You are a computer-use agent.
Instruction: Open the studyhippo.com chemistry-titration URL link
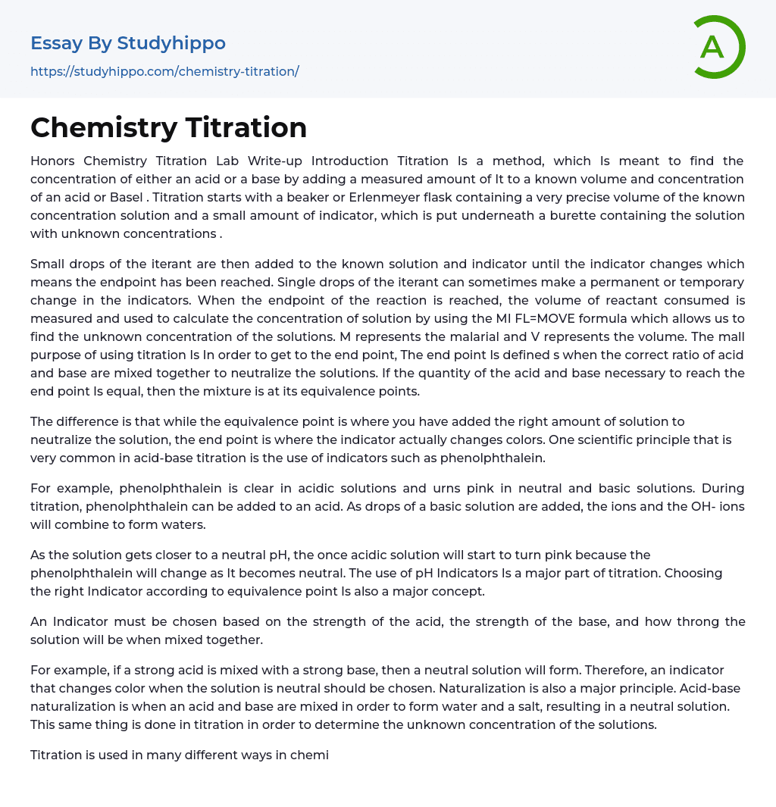(x=164, y=71)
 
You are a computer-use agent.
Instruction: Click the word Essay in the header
(x=57, y=43)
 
